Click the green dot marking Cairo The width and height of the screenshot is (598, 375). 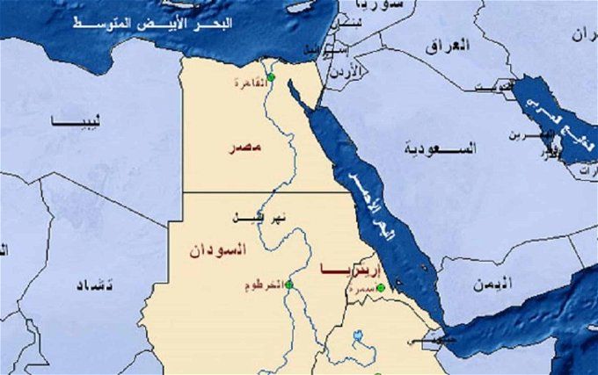[x=270, y=79]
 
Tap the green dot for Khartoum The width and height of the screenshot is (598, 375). [x=288, y=285]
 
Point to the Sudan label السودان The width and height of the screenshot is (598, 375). [x=217, y=250]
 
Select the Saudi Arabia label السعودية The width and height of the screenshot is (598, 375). [x=439, y=148]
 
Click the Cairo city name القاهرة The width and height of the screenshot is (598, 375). [x=249, y=82]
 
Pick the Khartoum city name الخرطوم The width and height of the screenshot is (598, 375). [x=265, y=285]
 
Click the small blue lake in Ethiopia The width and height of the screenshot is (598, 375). [x=358, y=336]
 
